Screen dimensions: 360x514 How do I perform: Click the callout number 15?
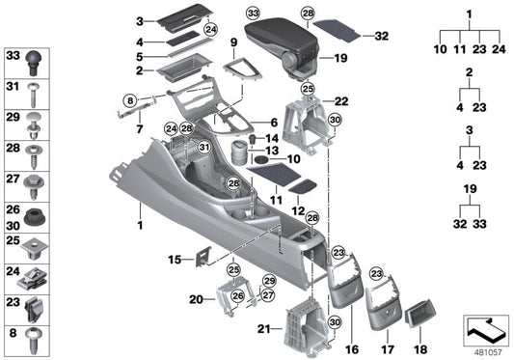(x=174, y=260)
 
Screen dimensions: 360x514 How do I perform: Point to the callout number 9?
(x=233, y=42)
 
